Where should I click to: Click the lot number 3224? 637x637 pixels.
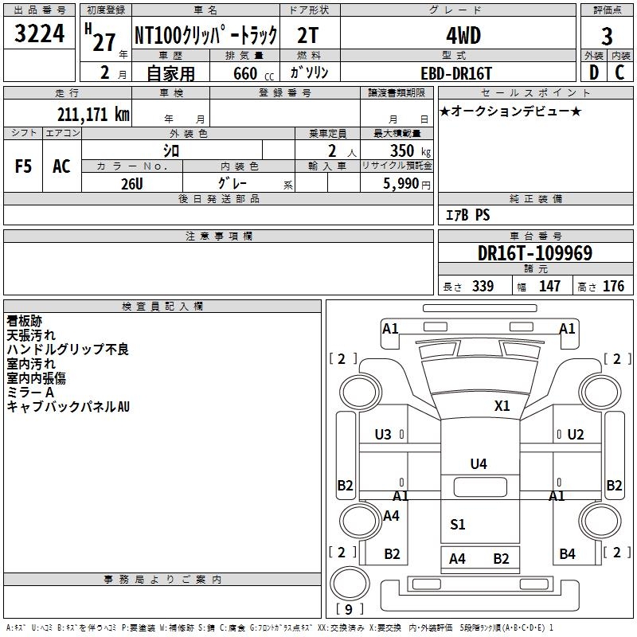point(40,34)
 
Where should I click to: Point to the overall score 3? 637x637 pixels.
point(607,37)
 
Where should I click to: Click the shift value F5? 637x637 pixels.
point(24,166)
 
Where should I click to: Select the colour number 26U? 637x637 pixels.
point(131,183)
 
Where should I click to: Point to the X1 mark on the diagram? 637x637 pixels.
point(502,405)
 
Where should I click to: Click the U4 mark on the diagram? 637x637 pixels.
point(478,463)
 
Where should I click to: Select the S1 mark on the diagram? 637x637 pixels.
point(457,524)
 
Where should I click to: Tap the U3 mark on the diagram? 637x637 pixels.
point(383,435)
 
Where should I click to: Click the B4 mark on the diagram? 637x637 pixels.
point(567,553)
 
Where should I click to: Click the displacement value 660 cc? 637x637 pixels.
point(246,73)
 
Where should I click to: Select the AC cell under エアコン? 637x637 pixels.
point(61,166)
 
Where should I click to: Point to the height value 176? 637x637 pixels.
point(613,286)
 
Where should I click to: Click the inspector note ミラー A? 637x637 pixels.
point(30,393)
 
